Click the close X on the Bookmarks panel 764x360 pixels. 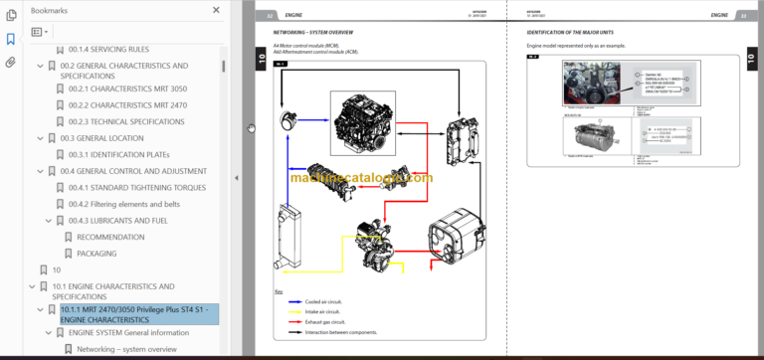(216, 9)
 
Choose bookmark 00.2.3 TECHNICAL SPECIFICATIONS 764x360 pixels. (126, 120)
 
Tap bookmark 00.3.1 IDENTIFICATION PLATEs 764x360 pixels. (119, 154)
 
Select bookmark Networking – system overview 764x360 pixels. (126, 349)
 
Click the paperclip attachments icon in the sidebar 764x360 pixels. (10, 62)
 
